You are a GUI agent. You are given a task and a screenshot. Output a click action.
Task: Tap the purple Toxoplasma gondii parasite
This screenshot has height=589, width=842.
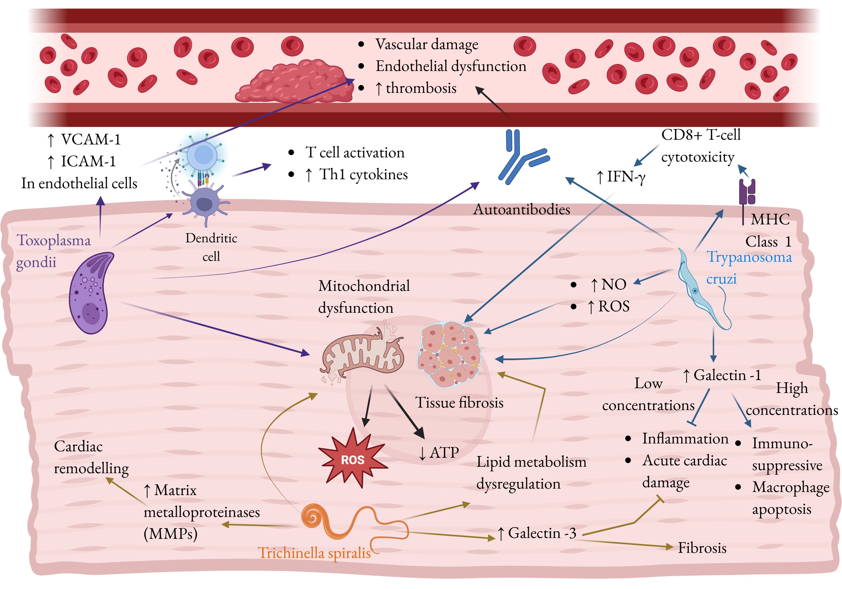pyautogui.click(x=90, y=293)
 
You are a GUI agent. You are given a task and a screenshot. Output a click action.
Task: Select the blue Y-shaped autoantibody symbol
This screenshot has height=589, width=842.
pyautogui.click(x=521, y=157)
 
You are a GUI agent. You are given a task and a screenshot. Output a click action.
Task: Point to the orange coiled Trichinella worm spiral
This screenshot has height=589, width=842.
pyautogui.click(x=314, y=517)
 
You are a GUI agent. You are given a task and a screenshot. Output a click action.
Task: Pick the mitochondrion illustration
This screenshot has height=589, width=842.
pyautogui.click(x=361, y=354)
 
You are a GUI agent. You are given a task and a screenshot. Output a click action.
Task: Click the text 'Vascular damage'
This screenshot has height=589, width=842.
pyautogui.click(x=427, y=44)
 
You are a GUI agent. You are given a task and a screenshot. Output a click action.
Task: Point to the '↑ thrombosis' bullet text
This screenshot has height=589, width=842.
pyautogui.click(x=415, y=88)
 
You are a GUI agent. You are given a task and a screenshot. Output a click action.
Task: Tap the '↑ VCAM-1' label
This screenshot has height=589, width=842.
pyautogui.click(x=84, y=140)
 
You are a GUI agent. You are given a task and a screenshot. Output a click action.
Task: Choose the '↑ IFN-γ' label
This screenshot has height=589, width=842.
pyautogui.click(x=621, y=177)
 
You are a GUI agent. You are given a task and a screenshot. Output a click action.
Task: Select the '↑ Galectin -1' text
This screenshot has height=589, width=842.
pyautogui.click(x=722, y=375)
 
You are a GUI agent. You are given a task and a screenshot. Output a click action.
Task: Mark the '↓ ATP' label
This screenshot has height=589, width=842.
pyautogui.click(x=439, y=453)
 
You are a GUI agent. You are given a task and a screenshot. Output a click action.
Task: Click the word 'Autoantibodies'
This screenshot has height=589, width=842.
pyautogui.click(x=521, y=209)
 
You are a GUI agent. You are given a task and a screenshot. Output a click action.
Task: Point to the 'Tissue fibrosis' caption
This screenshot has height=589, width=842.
pyautogui.click(x=459, y=403)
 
